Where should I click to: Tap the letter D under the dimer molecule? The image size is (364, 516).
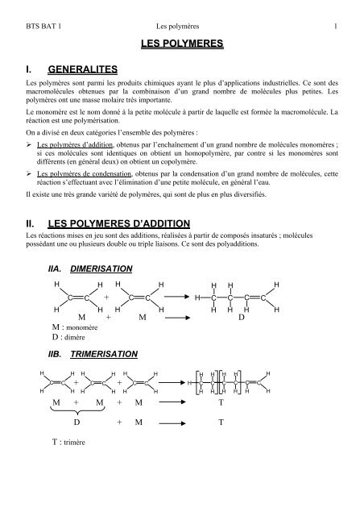pos(241,321)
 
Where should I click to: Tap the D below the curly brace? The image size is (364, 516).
pos(77,422)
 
